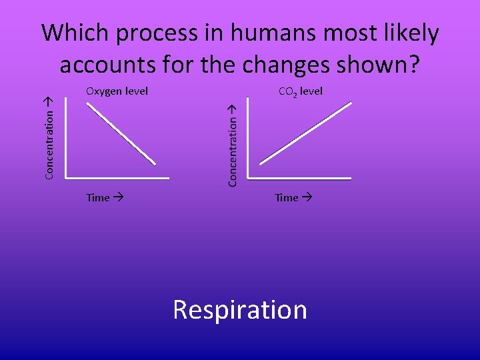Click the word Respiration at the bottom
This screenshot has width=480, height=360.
(240, 310)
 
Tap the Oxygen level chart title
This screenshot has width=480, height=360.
(117, 91)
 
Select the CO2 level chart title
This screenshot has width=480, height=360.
(300, 91)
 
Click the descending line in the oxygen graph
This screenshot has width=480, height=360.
(122, 133)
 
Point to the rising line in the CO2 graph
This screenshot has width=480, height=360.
(305, 132)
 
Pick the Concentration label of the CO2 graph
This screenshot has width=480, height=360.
(233, 145)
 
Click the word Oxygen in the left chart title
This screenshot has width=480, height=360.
(104, 91)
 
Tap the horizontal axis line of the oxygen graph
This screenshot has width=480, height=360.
(117, 178)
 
